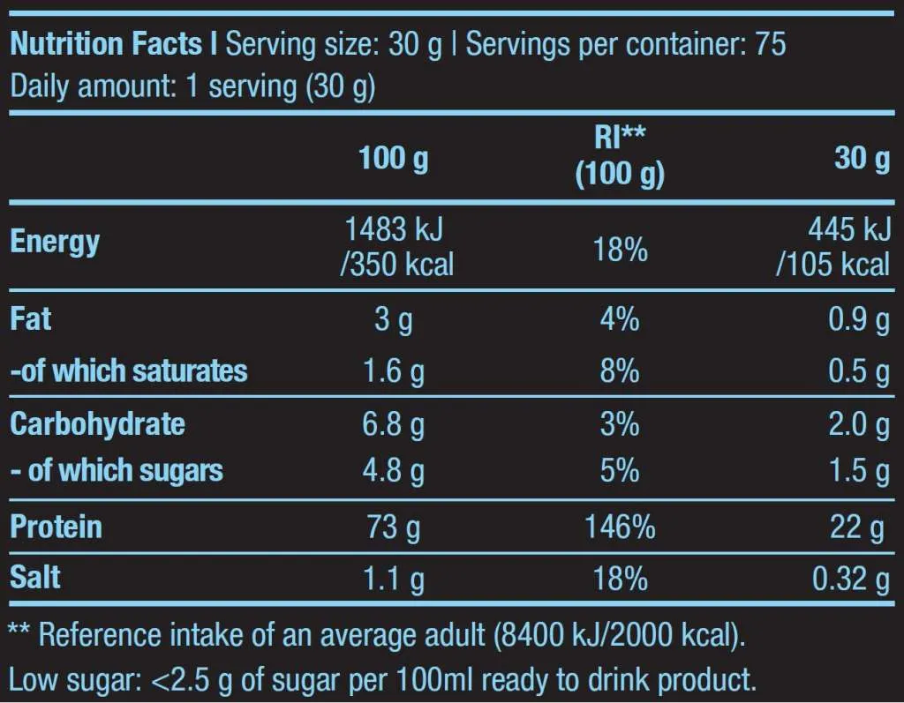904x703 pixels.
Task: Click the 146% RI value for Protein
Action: coord(620,527)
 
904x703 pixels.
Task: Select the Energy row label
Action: coord(55,242)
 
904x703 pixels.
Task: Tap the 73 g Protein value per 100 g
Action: coord(394,527)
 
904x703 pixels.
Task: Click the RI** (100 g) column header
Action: coord(620,155)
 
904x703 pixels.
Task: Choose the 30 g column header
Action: coord(862,159)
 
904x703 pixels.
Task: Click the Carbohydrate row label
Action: coord(97,424)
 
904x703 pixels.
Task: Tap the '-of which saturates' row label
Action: coord(129,371)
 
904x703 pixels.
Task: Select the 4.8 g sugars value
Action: coord(394,470)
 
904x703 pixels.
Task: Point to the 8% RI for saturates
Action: coord(620,371)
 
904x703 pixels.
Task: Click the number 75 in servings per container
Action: coord(770,44)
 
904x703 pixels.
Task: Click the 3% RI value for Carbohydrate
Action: coord(620,424)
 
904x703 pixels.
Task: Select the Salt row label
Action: coord(35,579)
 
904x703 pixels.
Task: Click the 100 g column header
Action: coord(394,159)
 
